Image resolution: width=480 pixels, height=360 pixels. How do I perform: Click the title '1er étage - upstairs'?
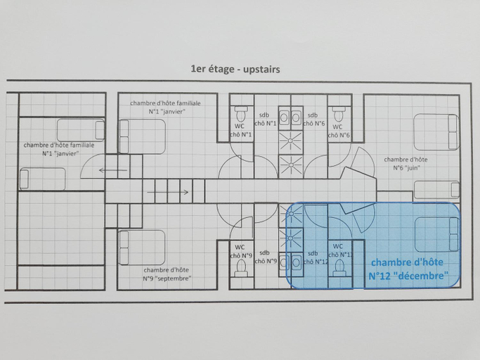click(235, 69)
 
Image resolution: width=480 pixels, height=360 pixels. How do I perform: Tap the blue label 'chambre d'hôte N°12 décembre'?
click(408, 269)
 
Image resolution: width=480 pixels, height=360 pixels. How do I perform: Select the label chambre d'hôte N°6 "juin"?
click(406, 164)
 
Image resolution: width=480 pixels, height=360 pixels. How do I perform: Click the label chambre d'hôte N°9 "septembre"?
click(167, 274)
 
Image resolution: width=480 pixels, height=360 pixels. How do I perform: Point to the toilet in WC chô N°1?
click(241, 114)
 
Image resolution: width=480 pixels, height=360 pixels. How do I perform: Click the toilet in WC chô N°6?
click(339, 114)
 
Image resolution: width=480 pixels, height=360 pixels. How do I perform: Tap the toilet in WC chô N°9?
click(241, 269)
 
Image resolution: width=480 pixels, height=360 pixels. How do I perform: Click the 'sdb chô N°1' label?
click(265, 120)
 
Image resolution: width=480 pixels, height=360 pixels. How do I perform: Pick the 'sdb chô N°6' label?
click(313, 120)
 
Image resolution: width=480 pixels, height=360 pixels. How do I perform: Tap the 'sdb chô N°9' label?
click(266, 257)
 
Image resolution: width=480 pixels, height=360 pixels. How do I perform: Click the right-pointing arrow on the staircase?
click(168, 193)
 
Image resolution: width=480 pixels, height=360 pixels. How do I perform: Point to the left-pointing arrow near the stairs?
click(113, 170)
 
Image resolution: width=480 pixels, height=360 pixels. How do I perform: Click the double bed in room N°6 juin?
click(436, 131)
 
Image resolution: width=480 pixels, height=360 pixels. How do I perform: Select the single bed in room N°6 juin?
click(437, 190)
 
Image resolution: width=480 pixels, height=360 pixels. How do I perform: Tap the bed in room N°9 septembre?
click(142, 247)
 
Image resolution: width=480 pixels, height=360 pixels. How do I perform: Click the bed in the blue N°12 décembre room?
click(437, 234)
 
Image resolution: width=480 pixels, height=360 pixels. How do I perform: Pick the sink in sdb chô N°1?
click(284, 117)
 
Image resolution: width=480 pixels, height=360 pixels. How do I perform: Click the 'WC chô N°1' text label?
click(240, 130)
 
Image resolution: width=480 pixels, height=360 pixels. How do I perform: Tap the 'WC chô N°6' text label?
click(339, 131)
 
